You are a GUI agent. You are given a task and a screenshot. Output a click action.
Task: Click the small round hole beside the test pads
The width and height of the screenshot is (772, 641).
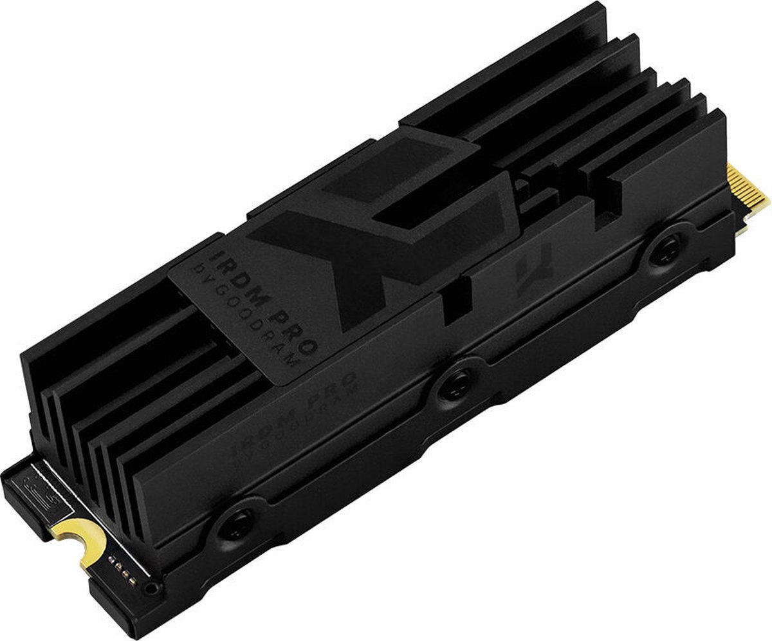151,587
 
